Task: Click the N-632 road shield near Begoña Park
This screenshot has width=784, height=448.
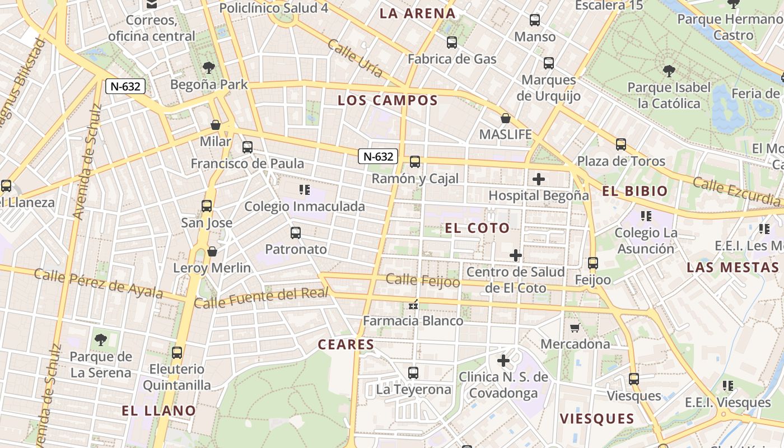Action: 125,86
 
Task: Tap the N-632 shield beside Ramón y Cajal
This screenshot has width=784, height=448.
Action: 378,156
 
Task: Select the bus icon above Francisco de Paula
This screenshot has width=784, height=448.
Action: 247,147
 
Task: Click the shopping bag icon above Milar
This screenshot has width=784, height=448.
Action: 215,124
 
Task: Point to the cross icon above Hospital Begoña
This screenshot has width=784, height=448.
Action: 538,179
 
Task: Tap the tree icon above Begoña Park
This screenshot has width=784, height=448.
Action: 209,68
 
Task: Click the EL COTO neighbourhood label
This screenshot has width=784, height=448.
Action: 477,228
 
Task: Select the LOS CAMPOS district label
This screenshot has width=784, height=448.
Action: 388,101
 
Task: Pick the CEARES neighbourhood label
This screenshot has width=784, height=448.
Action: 346,344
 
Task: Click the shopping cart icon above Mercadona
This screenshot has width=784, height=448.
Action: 575,328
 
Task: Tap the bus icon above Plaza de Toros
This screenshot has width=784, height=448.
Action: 620,144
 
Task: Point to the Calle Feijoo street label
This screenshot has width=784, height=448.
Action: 423,280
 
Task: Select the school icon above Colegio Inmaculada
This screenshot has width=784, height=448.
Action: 305,190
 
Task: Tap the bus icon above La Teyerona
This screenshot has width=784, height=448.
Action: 413,372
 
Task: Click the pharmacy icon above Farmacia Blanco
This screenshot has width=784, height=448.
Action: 413,305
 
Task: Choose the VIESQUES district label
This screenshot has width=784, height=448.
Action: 597,418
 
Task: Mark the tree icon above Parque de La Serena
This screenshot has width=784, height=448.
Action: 101,339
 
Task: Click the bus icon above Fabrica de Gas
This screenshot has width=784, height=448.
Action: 452,42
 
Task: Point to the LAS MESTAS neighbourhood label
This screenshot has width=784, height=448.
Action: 732,267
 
